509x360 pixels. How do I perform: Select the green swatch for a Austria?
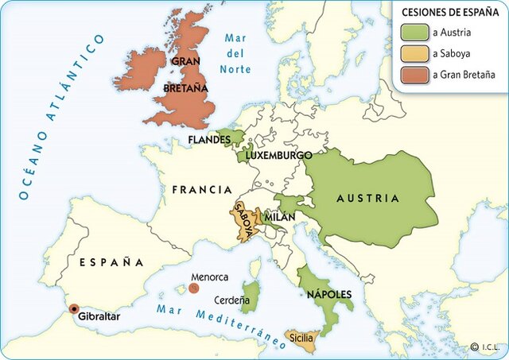click(x=417, y=33)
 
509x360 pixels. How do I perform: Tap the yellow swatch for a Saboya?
click(x=417, y=54)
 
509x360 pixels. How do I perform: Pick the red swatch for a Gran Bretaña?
click(x=417, y=75)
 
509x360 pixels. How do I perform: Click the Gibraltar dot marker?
click(x=74, y=309)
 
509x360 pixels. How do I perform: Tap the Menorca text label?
click(x=209, y=277)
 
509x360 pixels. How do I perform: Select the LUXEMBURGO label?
click(x=278, y=156)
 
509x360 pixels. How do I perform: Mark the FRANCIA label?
click(x=202, y=191)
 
